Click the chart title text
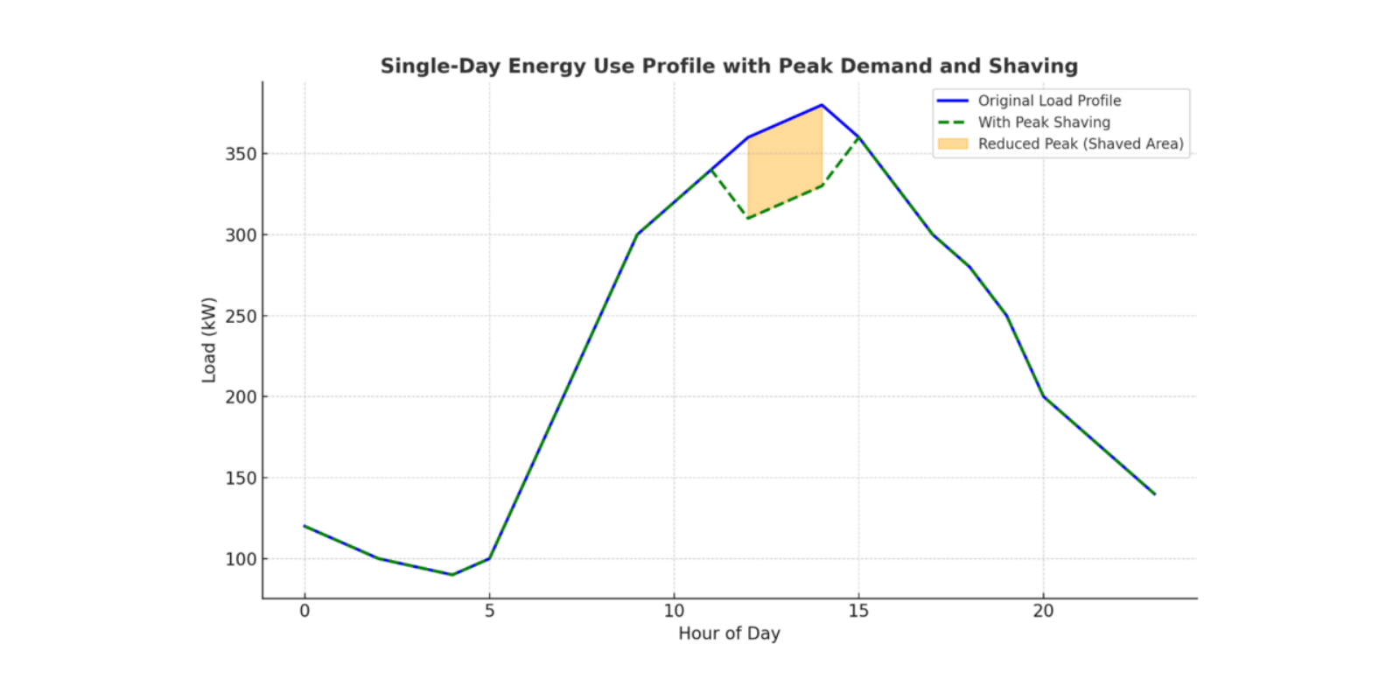point(729,66)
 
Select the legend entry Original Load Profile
point(1049,101)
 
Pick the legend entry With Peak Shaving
point(1044,122)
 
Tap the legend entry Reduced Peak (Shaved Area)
point(1080,143)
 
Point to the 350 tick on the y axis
point(241,154)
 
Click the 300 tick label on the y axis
point(241,235)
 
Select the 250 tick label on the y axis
point(241,316)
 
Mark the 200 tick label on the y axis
point(241,397)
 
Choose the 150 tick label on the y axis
point(241,478)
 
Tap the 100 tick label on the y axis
point(241,559)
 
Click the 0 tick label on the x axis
point(304,611)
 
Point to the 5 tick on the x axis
point(489,611)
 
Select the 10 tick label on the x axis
point(674,611)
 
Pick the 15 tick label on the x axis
point(858,611)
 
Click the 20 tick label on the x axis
point(1043,611)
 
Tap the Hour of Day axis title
point(729,633)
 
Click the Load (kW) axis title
point(208,340)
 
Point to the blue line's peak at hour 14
point(822,105)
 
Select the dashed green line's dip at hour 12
point(748,219)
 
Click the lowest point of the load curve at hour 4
point(452,575)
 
